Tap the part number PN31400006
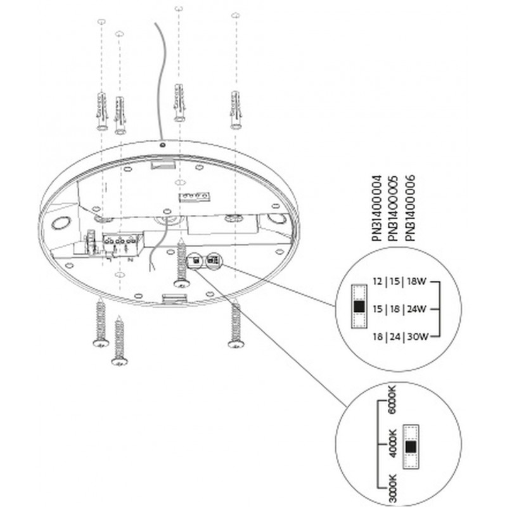click(x=410, y=207)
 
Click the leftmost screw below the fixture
click(x=99, y=323)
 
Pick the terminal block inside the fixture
click(x=120, y=241)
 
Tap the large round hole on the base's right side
click(x=276, y=220)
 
